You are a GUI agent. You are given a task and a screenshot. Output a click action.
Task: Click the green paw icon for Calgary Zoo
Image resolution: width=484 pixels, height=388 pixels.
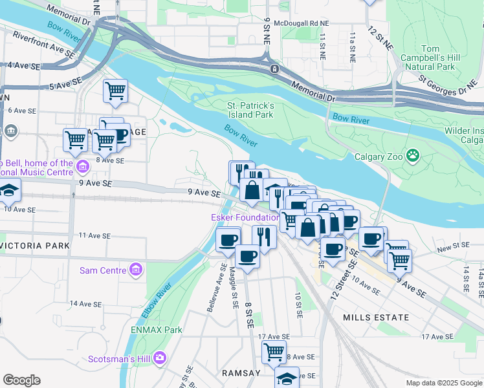[x=412, y=156]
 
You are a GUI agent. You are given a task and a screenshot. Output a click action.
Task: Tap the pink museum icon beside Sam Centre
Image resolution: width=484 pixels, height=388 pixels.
[x=136, y=269]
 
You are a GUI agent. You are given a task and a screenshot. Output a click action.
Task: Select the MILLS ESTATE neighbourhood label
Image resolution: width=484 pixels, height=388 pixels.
[x=376, y=318]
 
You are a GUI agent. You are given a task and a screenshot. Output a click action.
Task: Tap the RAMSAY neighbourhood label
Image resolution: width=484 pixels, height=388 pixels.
[x=241, y=373]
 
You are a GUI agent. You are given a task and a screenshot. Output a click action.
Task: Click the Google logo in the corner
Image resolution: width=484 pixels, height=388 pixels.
[x=22, y=380]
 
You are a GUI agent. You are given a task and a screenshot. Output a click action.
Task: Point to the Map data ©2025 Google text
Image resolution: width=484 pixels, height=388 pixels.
[x=444, y=383]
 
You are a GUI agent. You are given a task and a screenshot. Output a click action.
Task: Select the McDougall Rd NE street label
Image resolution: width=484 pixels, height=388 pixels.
[x=301, y=22]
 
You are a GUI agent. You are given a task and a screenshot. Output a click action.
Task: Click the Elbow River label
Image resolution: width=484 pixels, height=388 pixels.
[x=155, y=299]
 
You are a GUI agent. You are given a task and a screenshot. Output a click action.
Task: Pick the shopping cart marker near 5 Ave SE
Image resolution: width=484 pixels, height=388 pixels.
[x=115, y=91]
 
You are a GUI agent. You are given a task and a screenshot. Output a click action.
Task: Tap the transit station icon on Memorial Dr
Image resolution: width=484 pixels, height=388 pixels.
[x=275, y=69]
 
